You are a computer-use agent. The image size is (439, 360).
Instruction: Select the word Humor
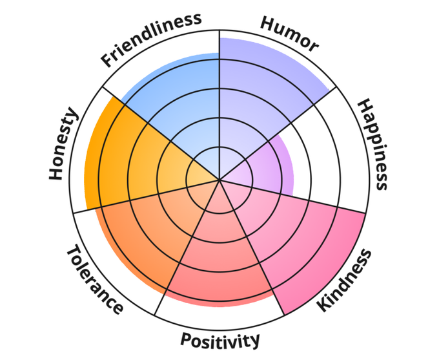click(289, 34)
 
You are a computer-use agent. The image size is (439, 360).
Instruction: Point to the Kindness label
click(345, 280)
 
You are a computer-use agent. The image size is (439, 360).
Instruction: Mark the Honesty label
click(63, 145)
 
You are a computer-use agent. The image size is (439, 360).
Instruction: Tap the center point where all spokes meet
click(219, 180)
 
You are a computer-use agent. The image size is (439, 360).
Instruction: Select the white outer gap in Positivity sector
click(220, 317)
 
